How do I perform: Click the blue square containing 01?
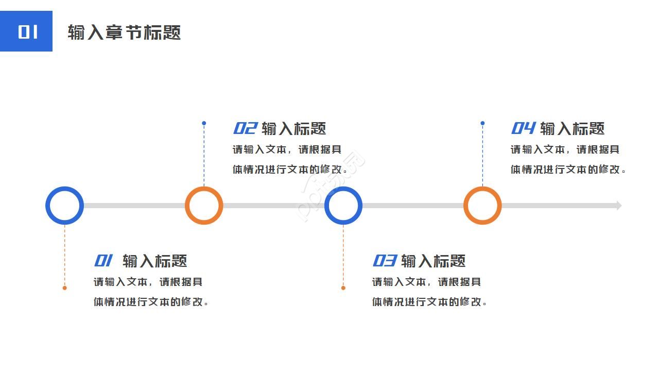26,31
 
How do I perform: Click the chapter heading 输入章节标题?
124,32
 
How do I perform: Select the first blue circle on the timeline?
64,206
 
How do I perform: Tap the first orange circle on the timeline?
204,206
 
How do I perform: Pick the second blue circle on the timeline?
343,206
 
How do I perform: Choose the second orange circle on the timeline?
482,206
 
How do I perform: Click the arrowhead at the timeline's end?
619,206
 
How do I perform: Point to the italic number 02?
245,128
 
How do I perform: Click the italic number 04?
523,128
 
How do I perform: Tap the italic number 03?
384,261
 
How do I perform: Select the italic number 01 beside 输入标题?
103,261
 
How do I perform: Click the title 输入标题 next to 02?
294,129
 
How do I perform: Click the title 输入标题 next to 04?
572,129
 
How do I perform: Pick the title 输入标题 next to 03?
433,261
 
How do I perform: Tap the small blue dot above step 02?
204,123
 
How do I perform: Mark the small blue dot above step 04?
482,123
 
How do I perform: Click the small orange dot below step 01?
64,288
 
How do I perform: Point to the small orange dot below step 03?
343,288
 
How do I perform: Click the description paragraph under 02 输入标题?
290,159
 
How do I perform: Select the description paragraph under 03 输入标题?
429,292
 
